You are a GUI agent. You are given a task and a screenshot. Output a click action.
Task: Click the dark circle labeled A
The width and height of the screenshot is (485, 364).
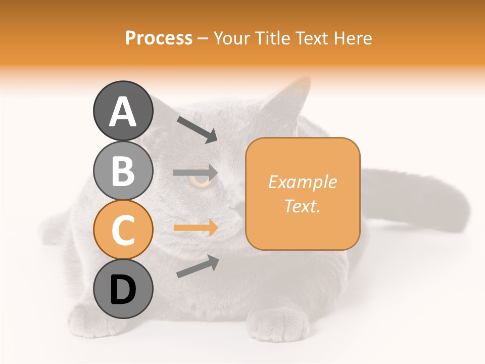click(123, 111)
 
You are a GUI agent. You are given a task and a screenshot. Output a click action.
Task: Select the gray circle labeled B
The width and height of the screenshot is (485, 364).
click(123, 170)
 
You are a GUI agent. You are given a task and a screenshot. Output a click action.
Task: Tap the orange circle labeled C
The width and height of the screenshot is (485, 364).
click(123, 230)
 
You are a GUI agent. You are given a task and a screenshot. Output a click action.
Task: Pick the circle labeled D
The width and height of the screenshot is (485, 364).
click(123, 289)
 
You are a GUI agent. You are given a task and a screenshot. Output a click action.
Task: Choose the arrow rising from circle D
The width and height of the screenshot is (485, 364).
click(197, 266)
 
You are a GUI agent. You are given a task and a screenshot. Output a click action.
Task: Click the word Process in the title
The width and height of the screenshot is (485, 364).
click(159, 38)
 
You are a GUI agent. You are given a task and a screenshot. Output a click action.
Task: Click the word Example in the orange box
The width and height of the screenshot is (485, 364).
click(303, 182)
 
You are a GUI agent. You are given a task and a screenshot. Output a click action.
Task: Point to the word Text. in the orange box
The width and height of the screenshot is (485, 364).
click(303, 206)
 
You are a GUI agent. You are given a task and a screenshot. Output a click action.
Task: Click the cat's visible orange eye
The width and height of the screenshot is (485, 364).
click(201, 179)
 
